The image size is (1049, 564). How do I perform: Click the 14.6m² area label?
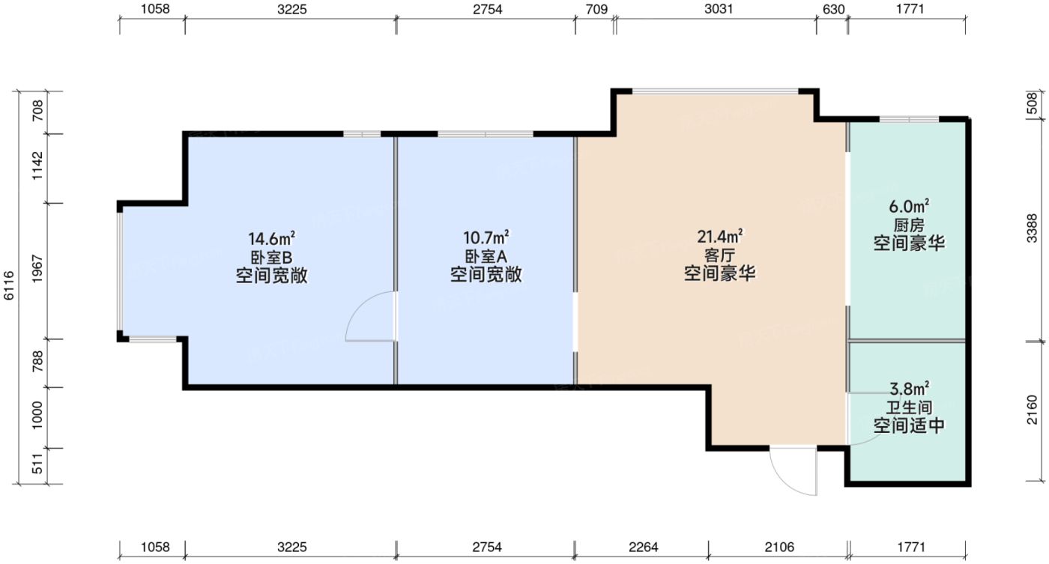[x=271, y=239]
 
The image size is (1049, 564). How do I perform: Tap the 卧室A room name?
[x=486, y=257]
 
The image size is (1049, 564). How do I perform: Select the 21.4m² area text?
[x=719, y=237]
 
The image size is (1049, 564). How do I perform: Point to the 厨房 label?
[x=908, y=225]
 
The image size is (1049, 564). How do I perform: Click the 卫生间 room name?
[x=908, y=408]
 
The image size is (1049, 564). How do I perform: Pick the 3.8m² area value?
[x=909, y=389]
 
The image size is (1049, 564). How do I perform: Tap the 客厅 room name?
[x=719, y=255]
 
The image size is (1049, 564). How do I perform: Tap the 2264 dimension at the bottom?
[x=643, y=548]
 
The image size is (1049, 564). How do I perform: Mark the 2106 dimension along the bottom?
[x=779, y=548]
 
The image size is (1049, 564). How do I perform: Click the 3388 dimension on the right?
[x=1033, y=228]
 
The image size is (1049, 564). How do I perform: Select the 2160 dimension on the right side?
[x=1033, y=411]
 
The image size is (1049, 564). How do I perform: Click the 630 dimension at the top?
[x=832, y=10]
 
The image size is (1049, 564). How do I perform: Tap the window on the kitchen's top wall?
[x=909, y=119]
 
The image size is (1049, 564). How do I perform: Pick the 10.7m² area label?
[x=486, y=239]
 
